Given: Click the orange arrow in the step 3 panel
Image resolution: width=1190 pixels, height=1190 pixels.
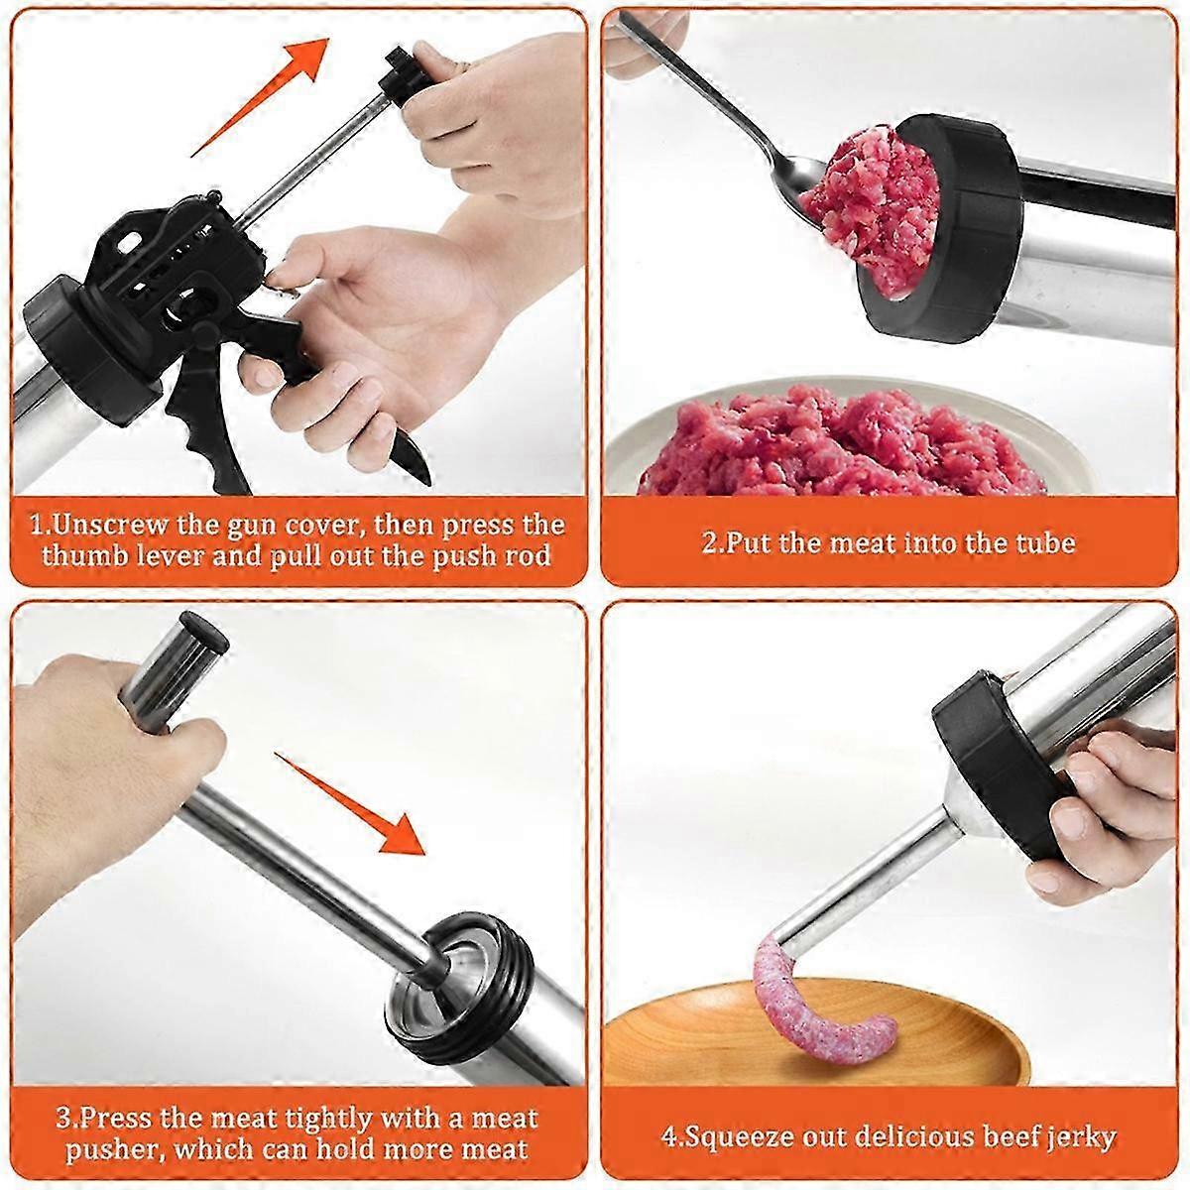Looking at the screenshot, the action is (351, 804).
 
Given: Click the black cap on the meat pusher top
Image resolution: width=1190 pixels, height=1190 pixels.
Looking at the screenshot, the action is (207, 632).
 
